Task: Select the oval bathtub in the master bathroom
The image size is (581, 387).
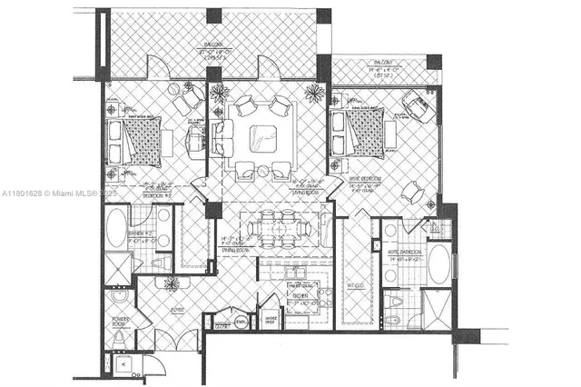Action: pos(438,264)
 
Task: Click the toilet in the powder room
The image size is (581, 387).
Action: pos(119,339)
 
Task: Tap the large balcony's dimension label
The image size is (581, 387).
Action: pos(211,54)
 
